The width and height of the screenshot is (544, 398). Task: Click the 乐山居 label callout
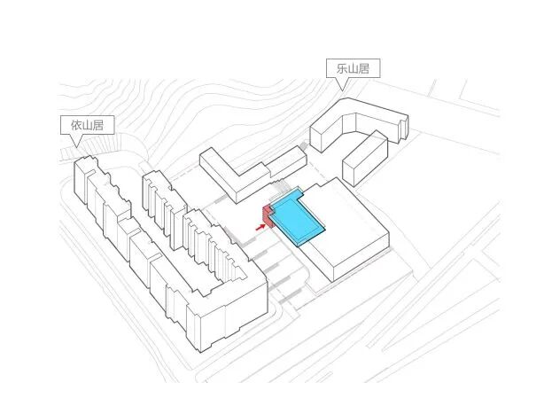tap(347, 68)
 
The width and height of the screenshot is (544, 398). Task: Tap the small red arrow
tap(260, 227)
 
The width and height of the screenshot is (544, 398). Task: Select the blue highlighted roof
tap(299, 218)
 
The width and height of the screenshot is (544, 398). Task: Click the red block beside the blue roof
tap(266, 214)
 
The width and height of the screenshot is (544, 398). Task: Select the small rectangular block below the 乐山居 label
tap(364, 158)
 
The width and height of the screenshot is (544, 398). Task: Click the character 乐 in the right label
tap(335, 68)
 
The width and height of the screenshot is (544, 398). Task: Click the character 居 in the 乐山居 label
tap(361, 68)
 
